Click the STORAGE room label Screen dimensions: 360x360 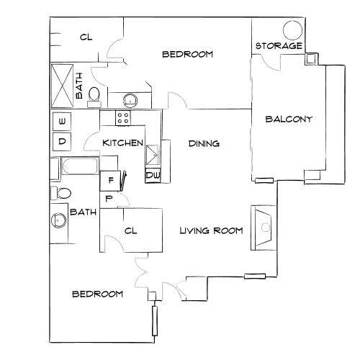point(279,46)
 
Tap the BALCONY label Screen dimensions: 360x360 point(288,120)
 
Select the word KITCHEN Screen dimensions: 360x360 point(122,143)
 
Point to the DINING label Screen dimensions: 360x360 point(204,144)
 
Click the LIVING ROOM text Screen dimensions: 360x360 point(210,230)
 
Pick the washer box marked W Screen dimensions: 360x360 point(63,121)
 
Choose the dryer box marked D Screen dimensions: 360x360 point(63,141)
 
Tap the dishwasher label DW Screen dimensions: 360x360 point(153,175)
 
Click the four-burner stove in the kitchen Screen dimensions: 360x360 point(123,118)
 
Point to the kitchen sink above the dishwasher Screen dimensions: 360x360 point(153,155)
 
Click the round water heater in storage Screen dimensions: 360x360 point(292,30)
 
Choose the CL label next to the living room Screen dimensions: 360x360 point(130,231)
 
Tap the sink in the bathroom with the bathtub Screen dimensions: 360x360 point(58,220)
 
